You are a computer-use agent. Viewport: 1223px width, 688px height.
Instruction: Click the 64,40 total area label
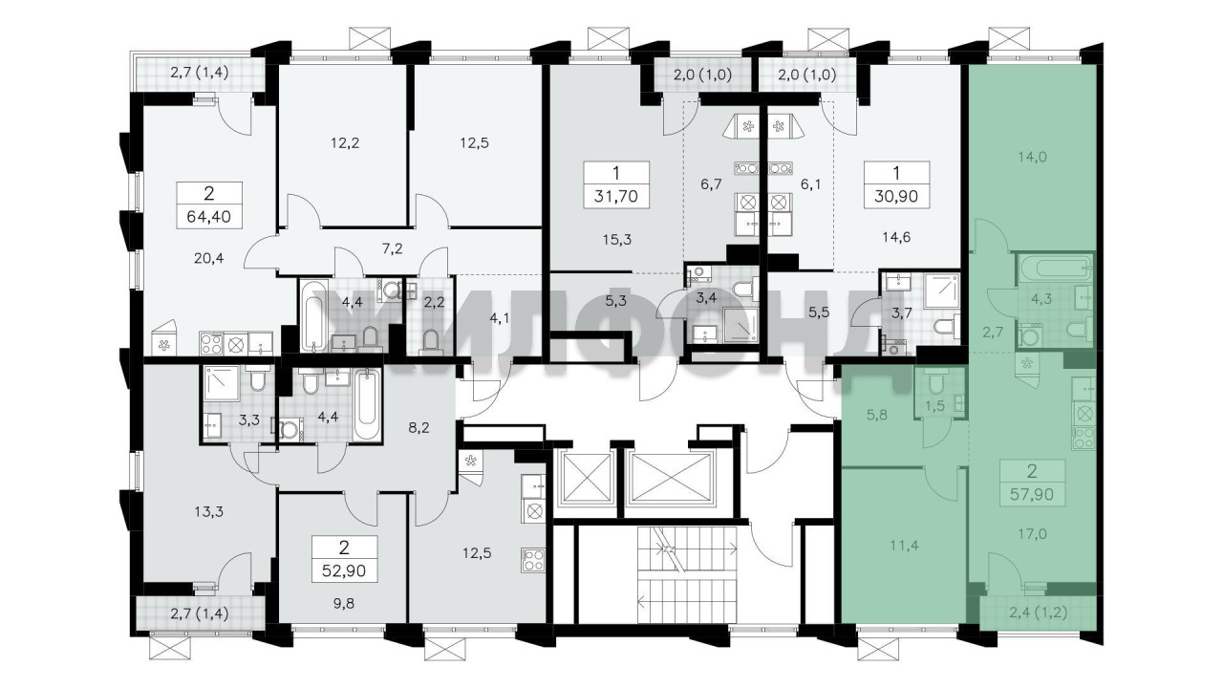coord(208,217)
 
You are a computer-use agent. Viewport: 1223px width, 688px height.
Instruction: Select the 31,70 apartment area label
coord(616,196)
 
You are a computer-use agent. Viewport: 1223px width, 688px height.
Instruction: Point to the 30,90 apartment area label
coord(896,196)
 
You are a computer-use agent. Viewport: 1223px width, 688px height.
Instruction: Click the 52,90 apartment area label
coord(344,570)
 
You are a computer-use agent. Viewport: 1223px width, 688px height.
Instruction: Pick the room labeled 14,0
coord(1032,158)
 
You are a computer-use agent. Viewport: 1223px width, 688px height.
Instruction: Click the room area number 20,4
coord(208,258)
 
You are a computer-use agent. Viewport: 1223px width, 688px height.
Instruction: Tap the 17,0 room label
coord(1032,533)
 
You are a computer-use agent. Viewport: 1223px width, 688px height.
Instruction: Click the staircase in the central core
coord(687,573)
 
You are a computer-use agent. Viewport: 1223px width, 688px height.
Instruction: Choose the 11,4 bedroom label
coord(904,545)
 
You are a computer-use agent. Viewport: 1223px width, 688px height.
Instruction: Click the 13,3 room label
coord(208,511)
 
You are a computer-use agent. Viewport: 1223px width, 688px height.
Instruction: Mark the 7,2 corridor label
coord(392,249)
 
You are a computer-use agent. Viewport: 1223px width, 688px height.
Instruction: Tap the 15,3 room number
coord(616,239)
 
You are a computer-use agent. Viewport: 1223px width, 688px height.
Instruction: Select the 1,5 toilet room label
coord(934,406)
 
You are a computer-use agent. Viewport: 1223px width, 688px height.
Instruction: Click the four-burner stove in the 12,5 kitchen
coord(533,560)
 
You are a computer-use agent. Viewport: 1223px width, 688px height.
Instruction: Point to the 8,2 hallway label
coord(418,427)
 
